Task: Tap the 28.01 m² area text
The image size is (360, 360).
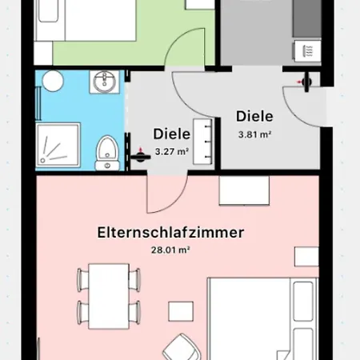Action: click(170, 250)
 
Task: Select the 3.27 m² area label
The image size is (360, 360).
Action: click(171, 150)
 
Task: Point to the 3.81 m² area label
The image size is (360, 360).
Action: click(255, 134)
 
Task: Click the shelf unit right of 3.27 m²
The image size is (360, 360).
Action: click(209, 142)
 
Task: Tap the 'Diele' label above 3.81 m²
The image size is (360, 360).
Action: click(255, 115)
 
